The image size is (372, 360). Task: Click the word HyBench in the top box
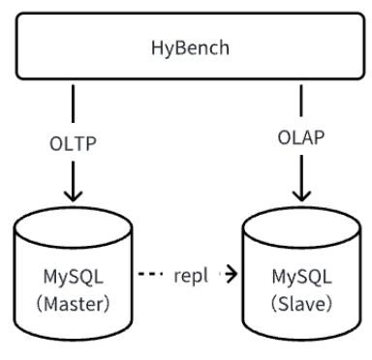pos(186,45)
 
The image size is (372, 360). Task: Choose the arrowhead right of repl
pos(231,274)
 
